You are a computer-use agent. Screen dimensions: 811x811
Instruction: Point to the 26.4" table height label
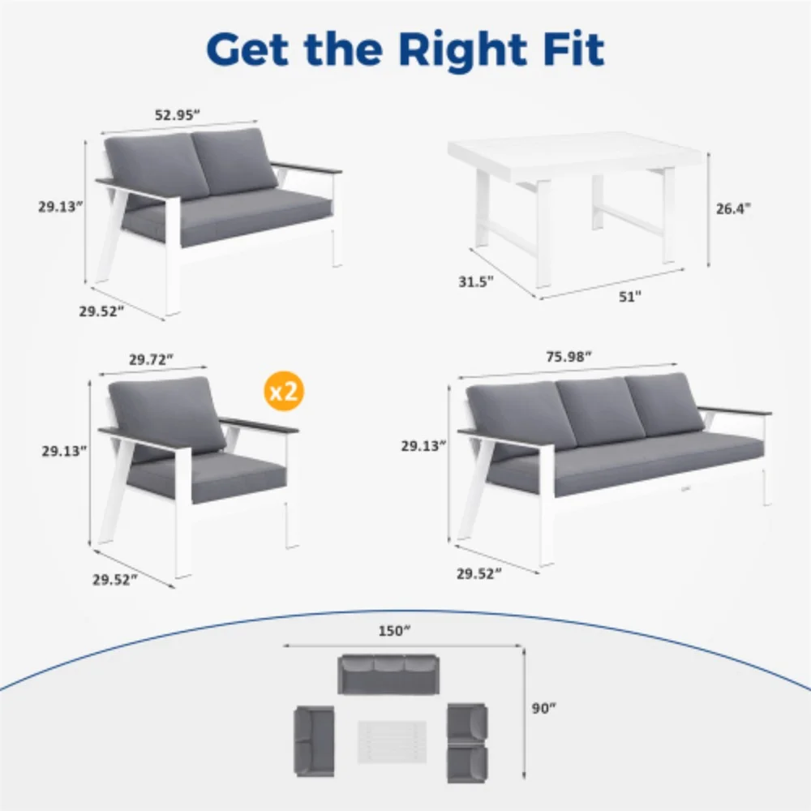click(x=733, y=208)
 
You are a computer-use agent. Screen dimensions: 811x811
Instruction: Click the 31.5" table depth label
click(x=475, y=282)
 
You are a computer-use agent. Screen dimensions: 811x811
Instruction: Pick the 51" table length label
click(x=629, y=297)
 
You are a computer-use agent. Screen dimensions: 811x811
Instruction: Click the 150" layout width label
click(x=395, y=632)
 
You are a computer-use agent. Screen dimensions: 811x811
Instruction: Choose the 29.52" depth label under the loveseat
click(x=101, y=311)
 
